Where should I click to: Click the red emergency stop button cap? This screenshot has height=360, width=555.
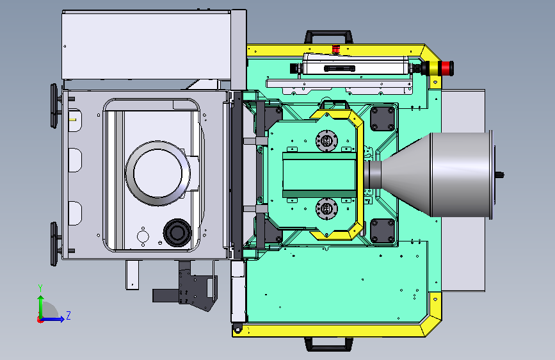point(447,69)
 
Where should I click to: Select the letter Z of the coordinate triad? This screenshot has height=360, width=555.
point(68,315)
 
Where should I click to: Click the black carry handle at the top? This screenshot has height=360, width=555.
point(328,37)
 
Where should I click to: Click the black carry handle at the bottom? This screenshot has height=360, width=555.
point(328,344)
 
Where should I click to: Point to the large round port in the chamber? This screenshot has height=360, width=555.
point(158,173)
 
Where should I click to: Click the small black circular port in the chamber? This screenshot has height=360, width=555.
point(177,233)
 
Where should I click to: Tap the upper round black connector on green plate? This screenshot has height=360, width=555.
point(326,140)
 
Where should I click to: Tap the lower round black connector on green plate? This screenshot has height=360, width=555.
point(326,208)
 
